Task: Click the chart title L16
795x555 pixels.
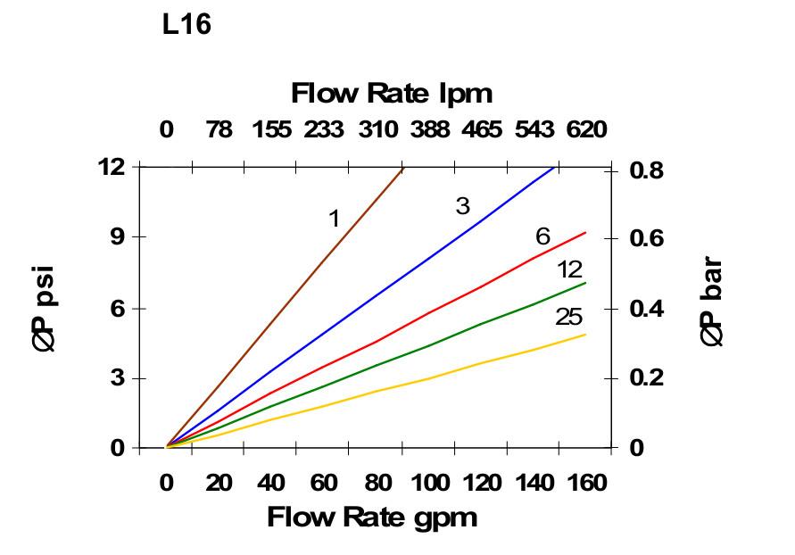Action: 186,25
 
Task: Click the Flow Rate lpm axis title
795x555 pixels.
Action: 392,93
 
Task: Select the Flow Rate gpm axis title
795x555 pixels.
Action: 372,517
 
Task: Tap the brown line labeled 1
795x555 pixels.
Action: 286,307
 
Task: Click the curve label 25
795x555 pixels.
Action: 569,317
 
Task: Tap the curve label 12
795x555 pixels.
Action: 569,270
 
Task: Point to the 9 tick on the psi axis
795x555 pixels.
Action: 116,237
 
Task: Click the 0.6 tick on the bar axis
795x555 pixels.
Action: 649,239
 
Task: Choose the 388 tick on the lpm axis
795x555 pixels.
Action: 430,130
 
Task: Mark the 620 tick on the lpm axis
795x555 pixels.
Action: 586,130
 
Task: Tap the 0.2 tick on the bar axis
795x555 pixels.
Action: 649,378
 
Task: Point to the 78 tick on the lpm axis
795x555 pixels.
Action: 219,130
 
